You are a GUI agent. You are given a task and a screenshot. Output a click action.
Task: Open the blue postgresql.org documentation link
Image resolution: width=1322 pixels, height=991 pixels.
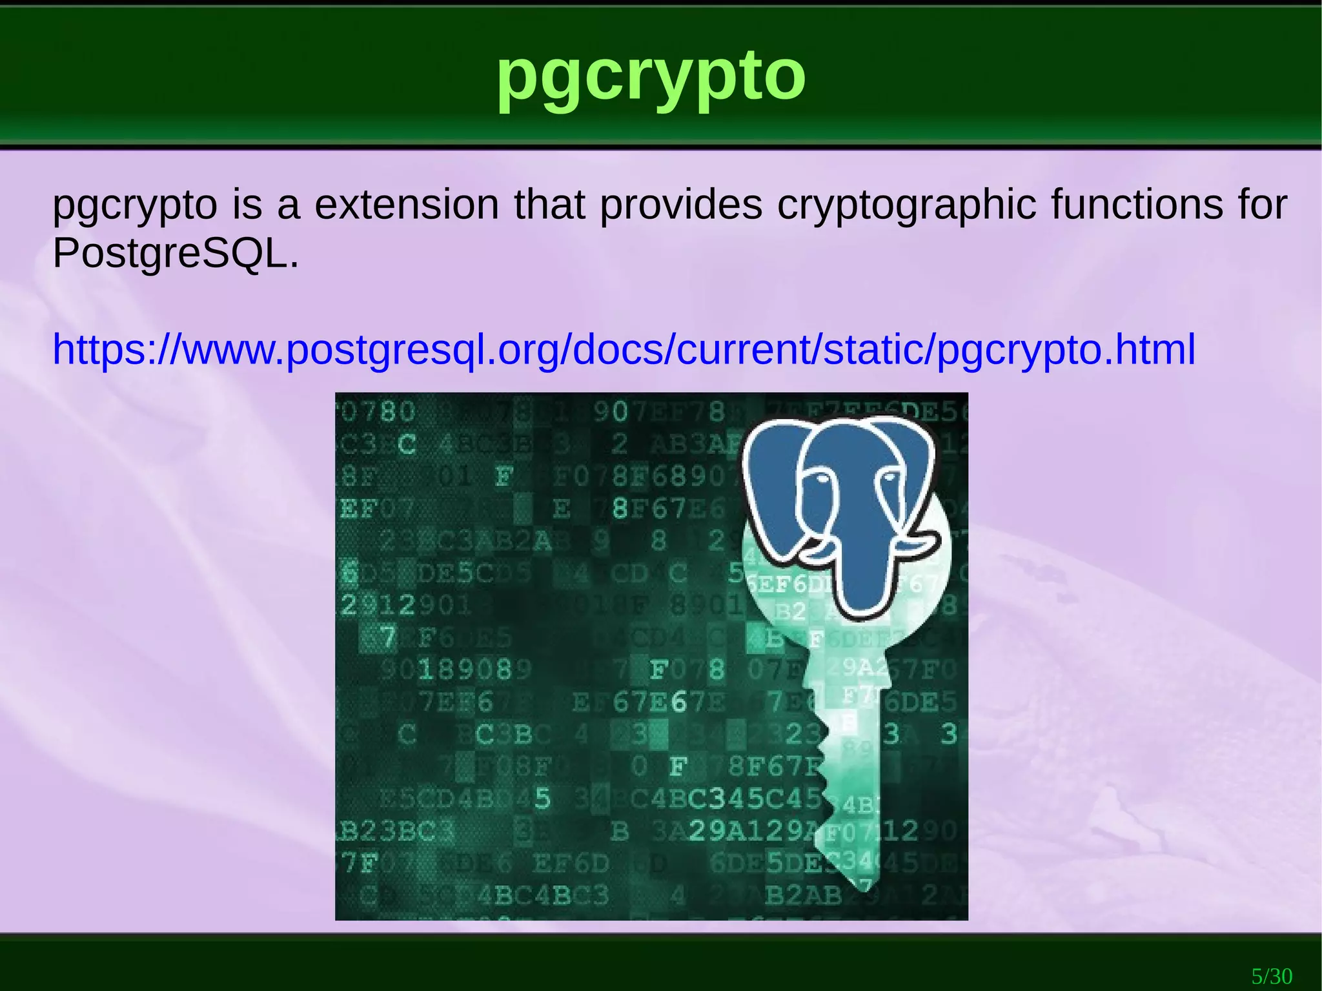pyautogui.click(x=624, y=349)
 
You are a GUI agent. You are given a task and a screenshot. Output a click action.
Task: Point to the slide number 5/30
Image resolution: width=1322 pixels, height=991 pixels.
pyautogui.click(x=1272, y=976)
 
